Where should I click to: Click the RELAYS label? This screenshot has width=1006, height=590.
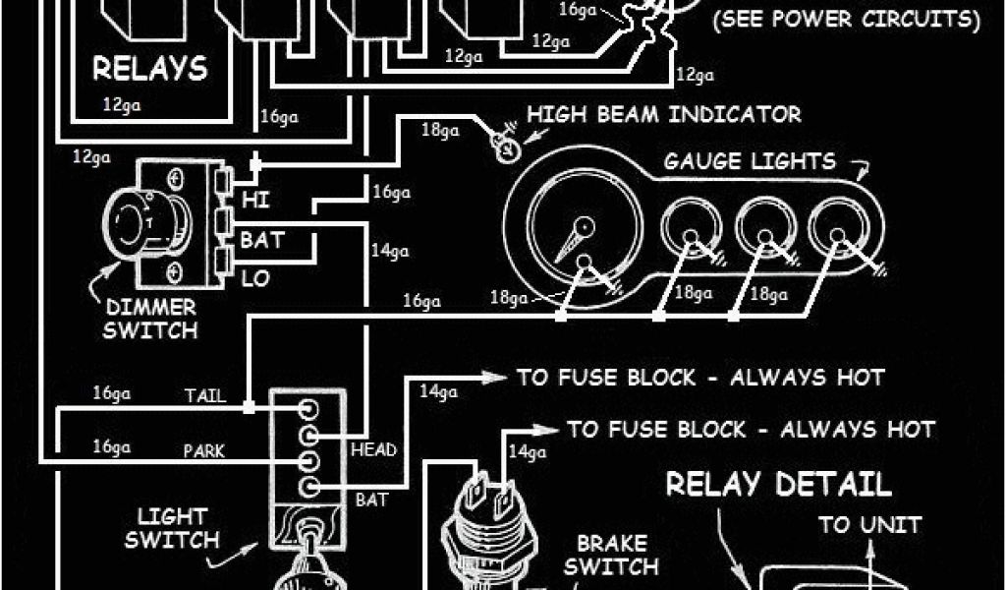[150, 68]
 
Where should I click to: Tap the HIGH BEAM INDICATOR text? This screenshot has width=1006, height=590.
[664, 114]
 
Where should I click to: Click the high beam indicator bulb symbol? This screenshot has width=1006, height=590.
[507, 150]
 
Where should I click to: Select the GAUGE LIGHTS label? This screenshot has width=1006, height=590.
[750, 161]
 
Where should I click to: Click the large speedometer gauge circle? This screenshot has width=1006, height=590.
[575, 235]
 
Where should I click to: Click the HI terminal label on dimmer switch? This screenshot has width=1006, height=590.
[255, 201]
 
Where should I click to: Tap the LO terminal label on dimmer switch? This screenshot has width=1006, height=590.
[255, 278]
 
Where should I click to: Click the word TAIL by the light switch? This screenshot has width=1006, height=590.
[205, 396]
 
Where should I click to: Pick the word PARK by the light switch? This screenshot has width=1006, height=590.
[203, 451]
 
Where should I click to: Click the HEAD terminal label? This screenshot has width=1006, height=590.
[373, 450]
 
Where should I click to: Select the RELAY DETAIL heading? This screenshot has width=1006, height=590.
[779, 484]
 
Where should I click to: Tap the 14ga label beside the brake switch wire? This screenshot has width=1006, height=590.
[529, 452]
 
